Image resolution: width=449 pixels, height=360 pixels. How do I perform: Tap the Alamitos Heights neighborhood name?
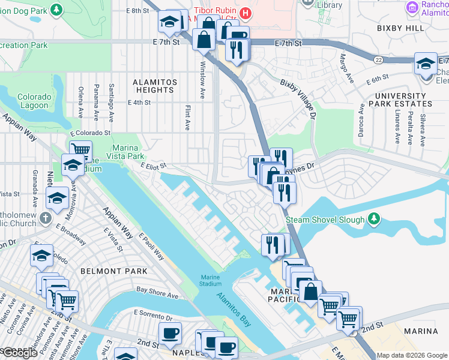154,86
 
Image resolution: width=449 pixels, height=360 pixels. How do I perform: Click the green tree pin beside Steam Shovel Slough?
374,218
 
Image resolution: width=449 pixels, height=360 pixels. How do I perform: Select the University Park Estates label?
403,100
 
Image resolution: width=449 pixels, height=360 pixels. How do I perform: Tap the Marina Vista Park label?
125,152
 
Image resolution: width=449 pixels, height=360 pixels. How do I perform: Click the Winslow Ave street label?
203,73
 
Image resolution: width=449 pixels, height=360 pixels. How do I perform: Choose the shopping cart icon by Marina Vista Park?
80,150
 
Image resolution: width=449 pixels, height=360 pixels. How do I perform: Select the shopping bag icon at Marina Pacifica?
311,292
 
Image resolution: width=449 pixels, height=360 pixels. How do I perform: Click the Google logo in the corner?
19,353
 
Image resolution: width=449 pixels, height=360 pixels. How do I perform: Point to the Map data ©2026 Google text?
412,355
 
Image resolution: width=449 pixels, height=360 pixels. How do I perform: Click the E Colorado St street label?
91,132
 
